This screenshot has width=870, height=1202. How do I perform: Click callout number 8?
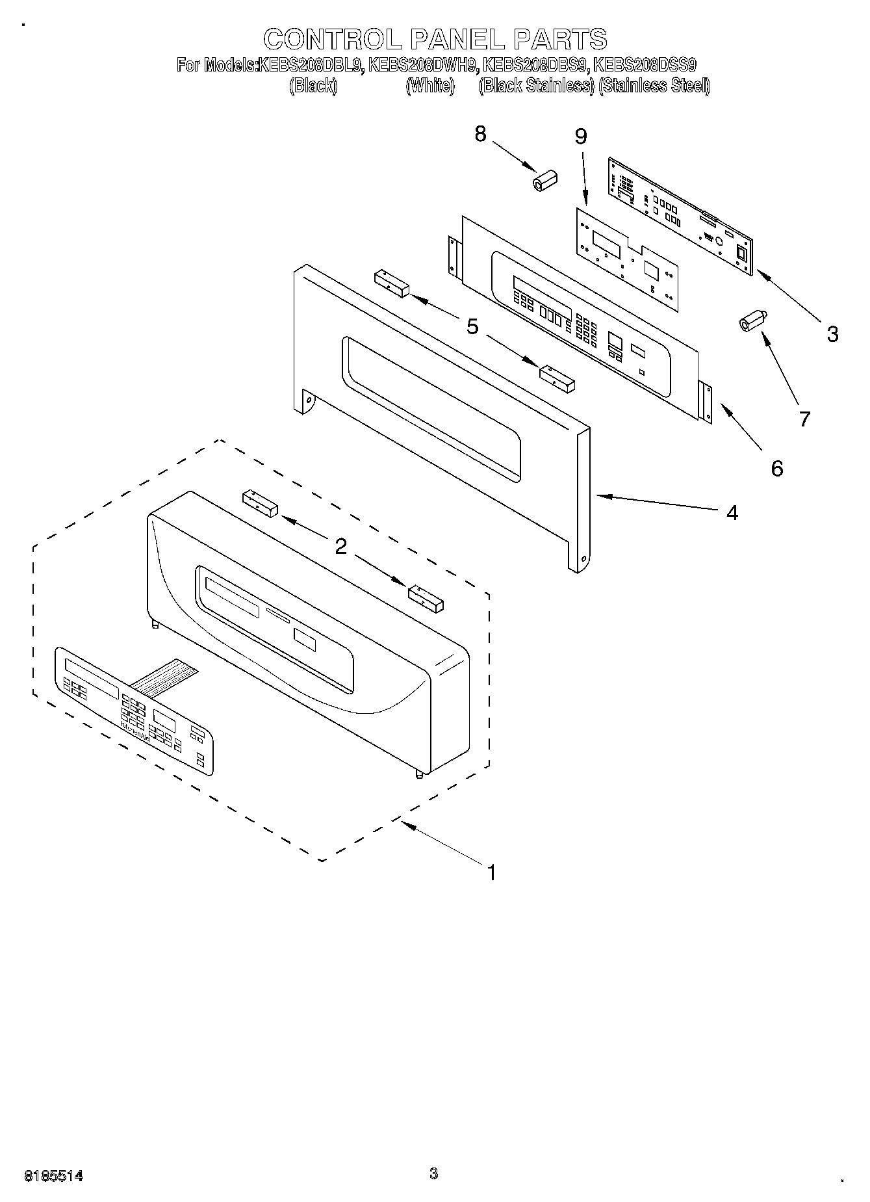pyautogui.click(x=480, y=134)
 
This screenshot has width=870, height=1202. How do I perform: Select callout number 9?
pyautogui.click(x=580, y=137)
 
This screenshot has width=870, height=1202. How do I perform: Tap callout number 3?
pyautogui.click(x=832, y=334)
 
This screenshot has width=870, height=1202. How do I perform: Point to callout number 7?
pyautogui.click(x=804, y=419)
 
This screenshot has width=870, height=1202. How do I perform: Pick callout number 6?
pyautogui.click(x=776, y=468)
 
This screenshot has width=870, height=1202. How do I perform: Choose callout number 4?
pyautogui.click(x=732, y=513)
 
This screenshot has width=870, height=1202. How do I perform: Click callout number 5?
pyautogui.click(x=472, y=326)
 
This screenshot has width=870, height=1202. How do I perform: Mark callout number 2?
pyautogui.click(x=340, y=547)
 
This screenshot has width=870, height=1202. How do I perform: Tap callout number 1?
pyautogui.click(x=491, y=872)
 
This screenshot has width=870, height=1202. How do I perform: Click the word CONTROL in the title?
pyautogui.click(x=333, y=40)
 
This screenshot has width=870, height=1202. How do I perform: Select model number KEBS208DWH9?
pyautogui.click(x=422, y=65)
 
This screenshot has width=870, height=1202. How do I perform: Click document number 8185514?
pyautogui.click(x=54, y=1175)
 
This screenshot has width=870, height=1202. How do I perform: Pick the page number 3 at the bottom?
pyautogui.click(x=433, y=1173)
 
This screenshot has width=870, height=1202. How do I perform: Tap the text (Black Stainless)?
pyautogui.click(x=536, y=86)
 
